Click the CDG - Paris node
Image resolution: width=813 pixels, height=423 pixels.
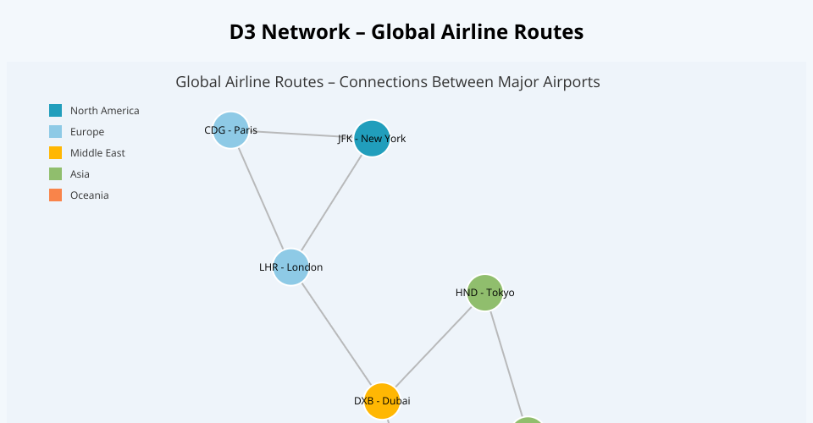[x=230, y=130]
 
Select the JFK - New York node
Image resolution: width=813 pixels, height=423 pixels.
[x=372, y=138]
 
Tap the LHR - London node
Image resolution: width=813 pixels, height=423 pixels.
[x=290, y=267]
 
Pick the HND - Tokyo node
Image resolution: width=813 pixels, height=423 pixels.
[x=484, y=293]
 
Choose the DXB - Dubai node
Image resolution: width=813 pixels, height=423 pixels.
[x=382, y=400]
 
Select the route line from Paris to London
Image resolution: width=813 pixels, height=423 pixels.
[x=260, y=199]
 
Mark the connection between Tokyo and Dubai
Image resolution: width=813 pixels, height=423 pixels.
[x=433, y=347]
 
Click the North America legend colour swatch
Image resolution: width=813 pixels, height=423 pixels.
[x=55, y=111]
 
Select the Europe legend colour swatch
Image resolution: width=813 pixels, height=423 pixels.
[x=55, y=132]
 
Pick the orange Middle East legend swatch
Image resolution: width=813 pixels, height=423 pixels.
[x=55, y=153]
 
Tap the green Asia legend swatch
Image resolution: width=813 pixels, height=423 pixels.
[x=55, y=174]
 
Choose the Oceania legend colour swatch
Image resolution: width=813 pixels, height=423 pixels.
[x=55, y=195]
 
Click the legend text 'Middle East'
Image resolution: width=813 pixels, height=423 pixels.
[x=97, y=153]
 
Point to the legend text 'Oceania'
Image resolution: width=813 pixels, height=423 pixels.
[x=90, y=195]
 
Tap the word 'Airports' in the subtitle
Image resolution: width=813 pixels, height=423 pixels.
[x=571, y=82]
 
